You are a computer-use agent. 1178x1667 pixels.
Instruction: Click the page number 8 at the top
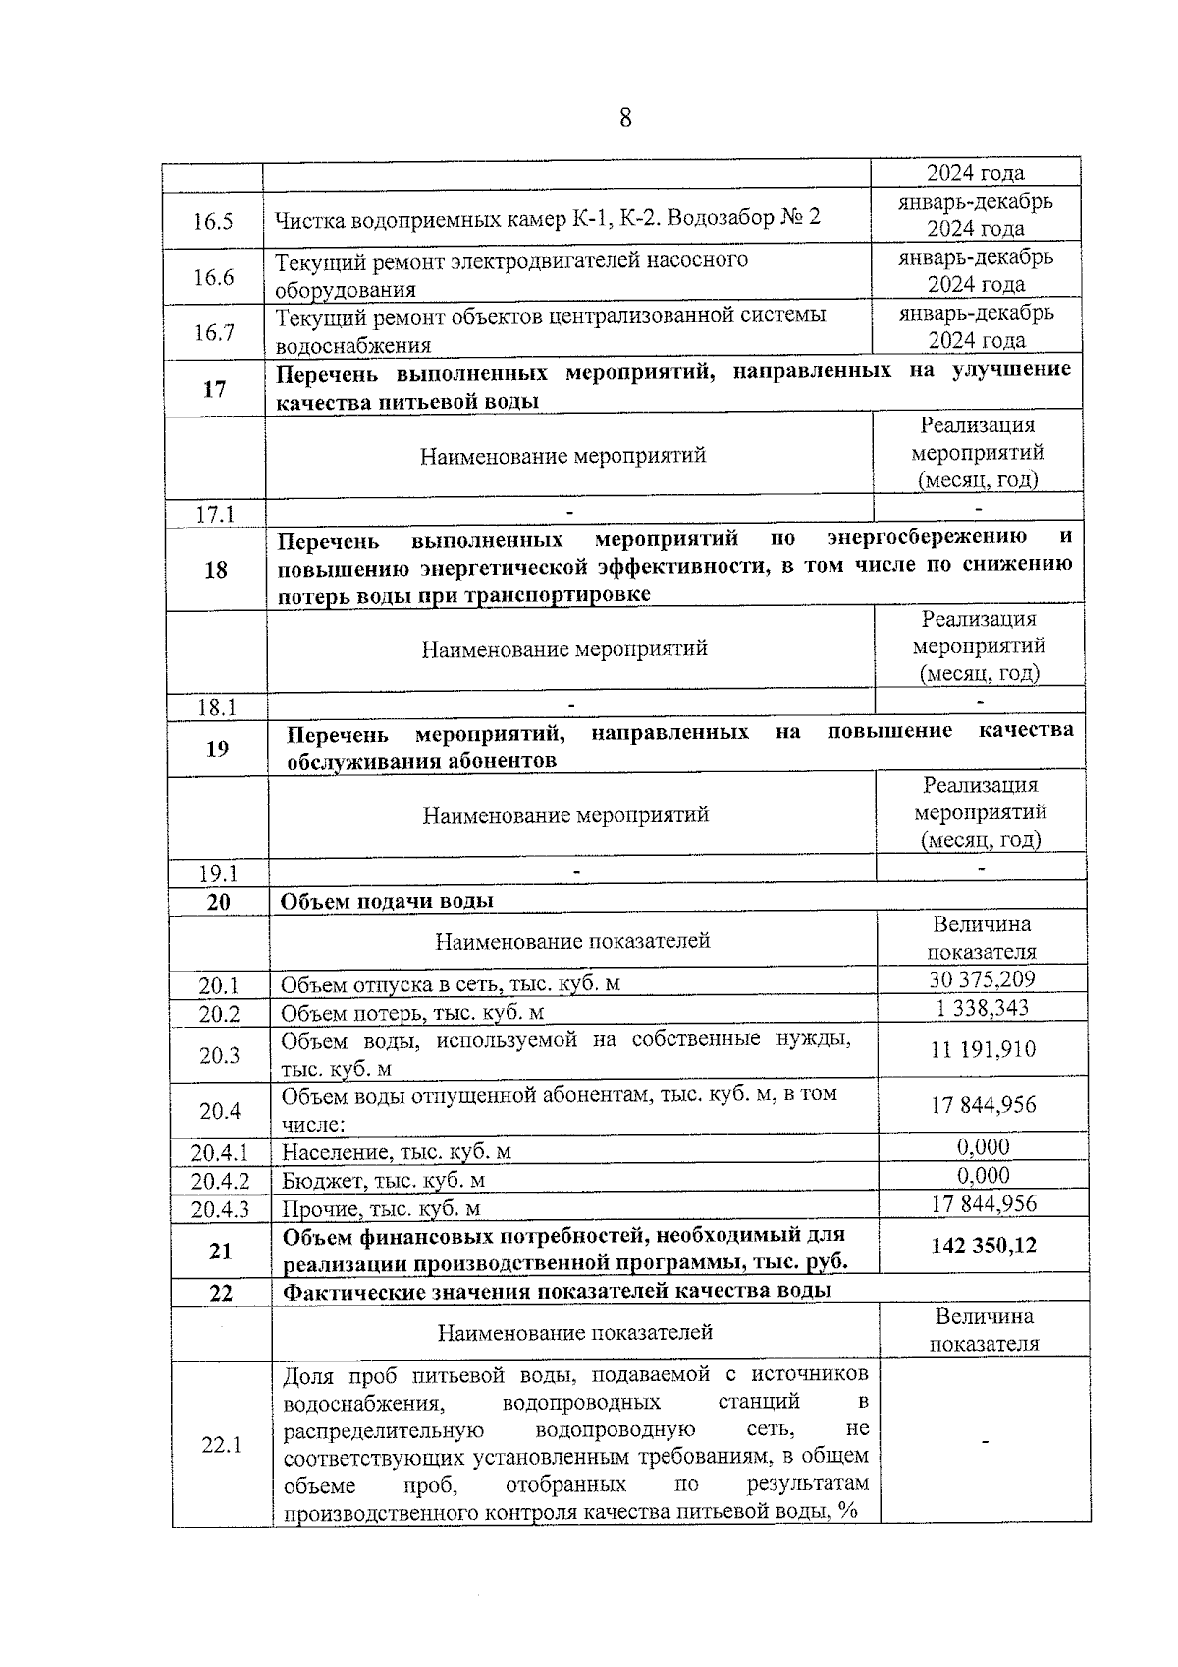625,119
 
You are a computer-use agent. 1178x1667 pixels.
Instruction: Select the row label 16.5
213,220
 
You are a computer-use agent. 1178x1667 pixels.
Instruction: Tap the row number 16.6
214,277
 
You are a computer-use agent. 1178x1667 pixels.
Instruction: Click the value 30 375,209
981,979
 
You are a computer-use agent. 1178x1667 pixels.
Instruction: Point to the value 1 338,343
981,1008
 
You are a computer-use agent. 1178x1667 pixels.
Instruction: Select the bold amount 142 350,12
984,1246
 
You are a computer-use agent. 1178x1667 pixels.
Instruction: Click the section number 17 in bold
214,389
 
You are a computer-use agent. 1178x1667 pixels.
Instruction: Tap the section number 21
220,1250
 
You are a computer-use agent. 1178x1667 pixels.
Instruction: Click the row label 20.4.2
220,1181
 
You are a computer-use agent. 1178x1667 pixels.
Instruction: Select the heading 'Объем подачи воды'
387,901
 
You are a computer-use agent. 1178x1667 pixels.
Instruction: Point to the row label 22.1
222,1445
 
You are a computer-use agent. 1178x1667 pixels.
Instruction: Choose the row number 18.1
216,707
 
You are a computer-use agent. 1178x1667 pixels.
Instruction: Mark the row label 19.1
218,873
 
